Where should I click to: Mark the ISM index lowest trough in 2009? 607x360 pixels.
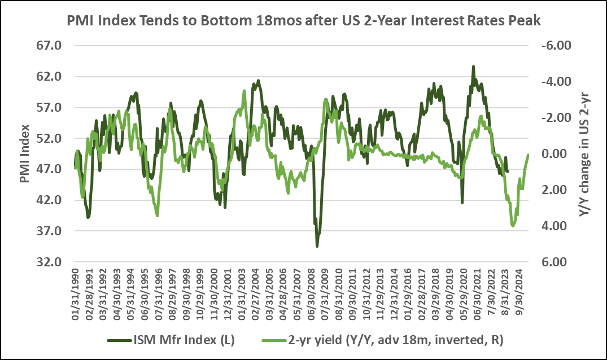[x=317, y=246]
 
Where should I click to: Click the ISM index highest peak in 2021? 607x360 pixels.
[x=473, y=67]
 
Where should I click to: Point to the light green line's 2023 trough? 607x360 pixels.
[x=513, y=226]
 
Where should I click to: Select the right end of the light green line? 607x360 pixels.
[x=529, y=155]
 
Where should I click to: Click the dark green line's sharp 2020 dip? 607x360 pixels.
[x=462, y=203]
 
